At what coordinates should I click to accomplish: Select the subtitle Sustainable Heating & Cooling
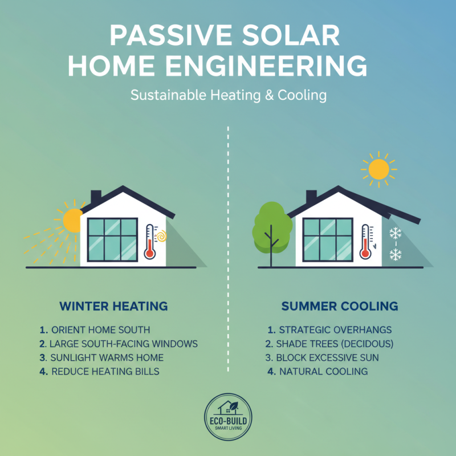pos(228,95)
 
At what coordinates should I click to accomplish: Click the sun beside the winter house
pos(73,220)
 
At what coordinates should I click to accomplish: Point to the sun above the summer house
pos(377,170)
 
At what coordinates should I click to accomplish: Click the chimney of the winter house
pos(96,197)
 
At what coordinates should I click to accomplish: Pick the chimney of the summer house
pos(311,197)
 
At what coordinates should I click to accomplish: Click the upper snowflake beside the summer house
pos(395,233)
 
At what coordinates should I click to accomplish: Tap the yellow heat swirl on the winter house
pos(161,235)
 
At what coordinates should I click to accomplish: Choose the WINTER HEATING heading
pos(113,306)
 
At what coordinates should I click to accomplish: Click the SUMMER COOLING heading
pos(340,306)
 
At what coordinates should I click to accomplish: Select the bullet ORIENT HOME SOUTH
pos(100,330)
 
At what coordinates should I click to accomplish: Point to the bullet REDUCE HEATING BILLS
pos(105,372)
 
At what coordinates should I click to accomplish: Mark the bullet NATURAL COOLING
pos(323,372)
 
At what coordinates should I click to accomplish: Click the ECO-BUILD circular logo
pos(228,418)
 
